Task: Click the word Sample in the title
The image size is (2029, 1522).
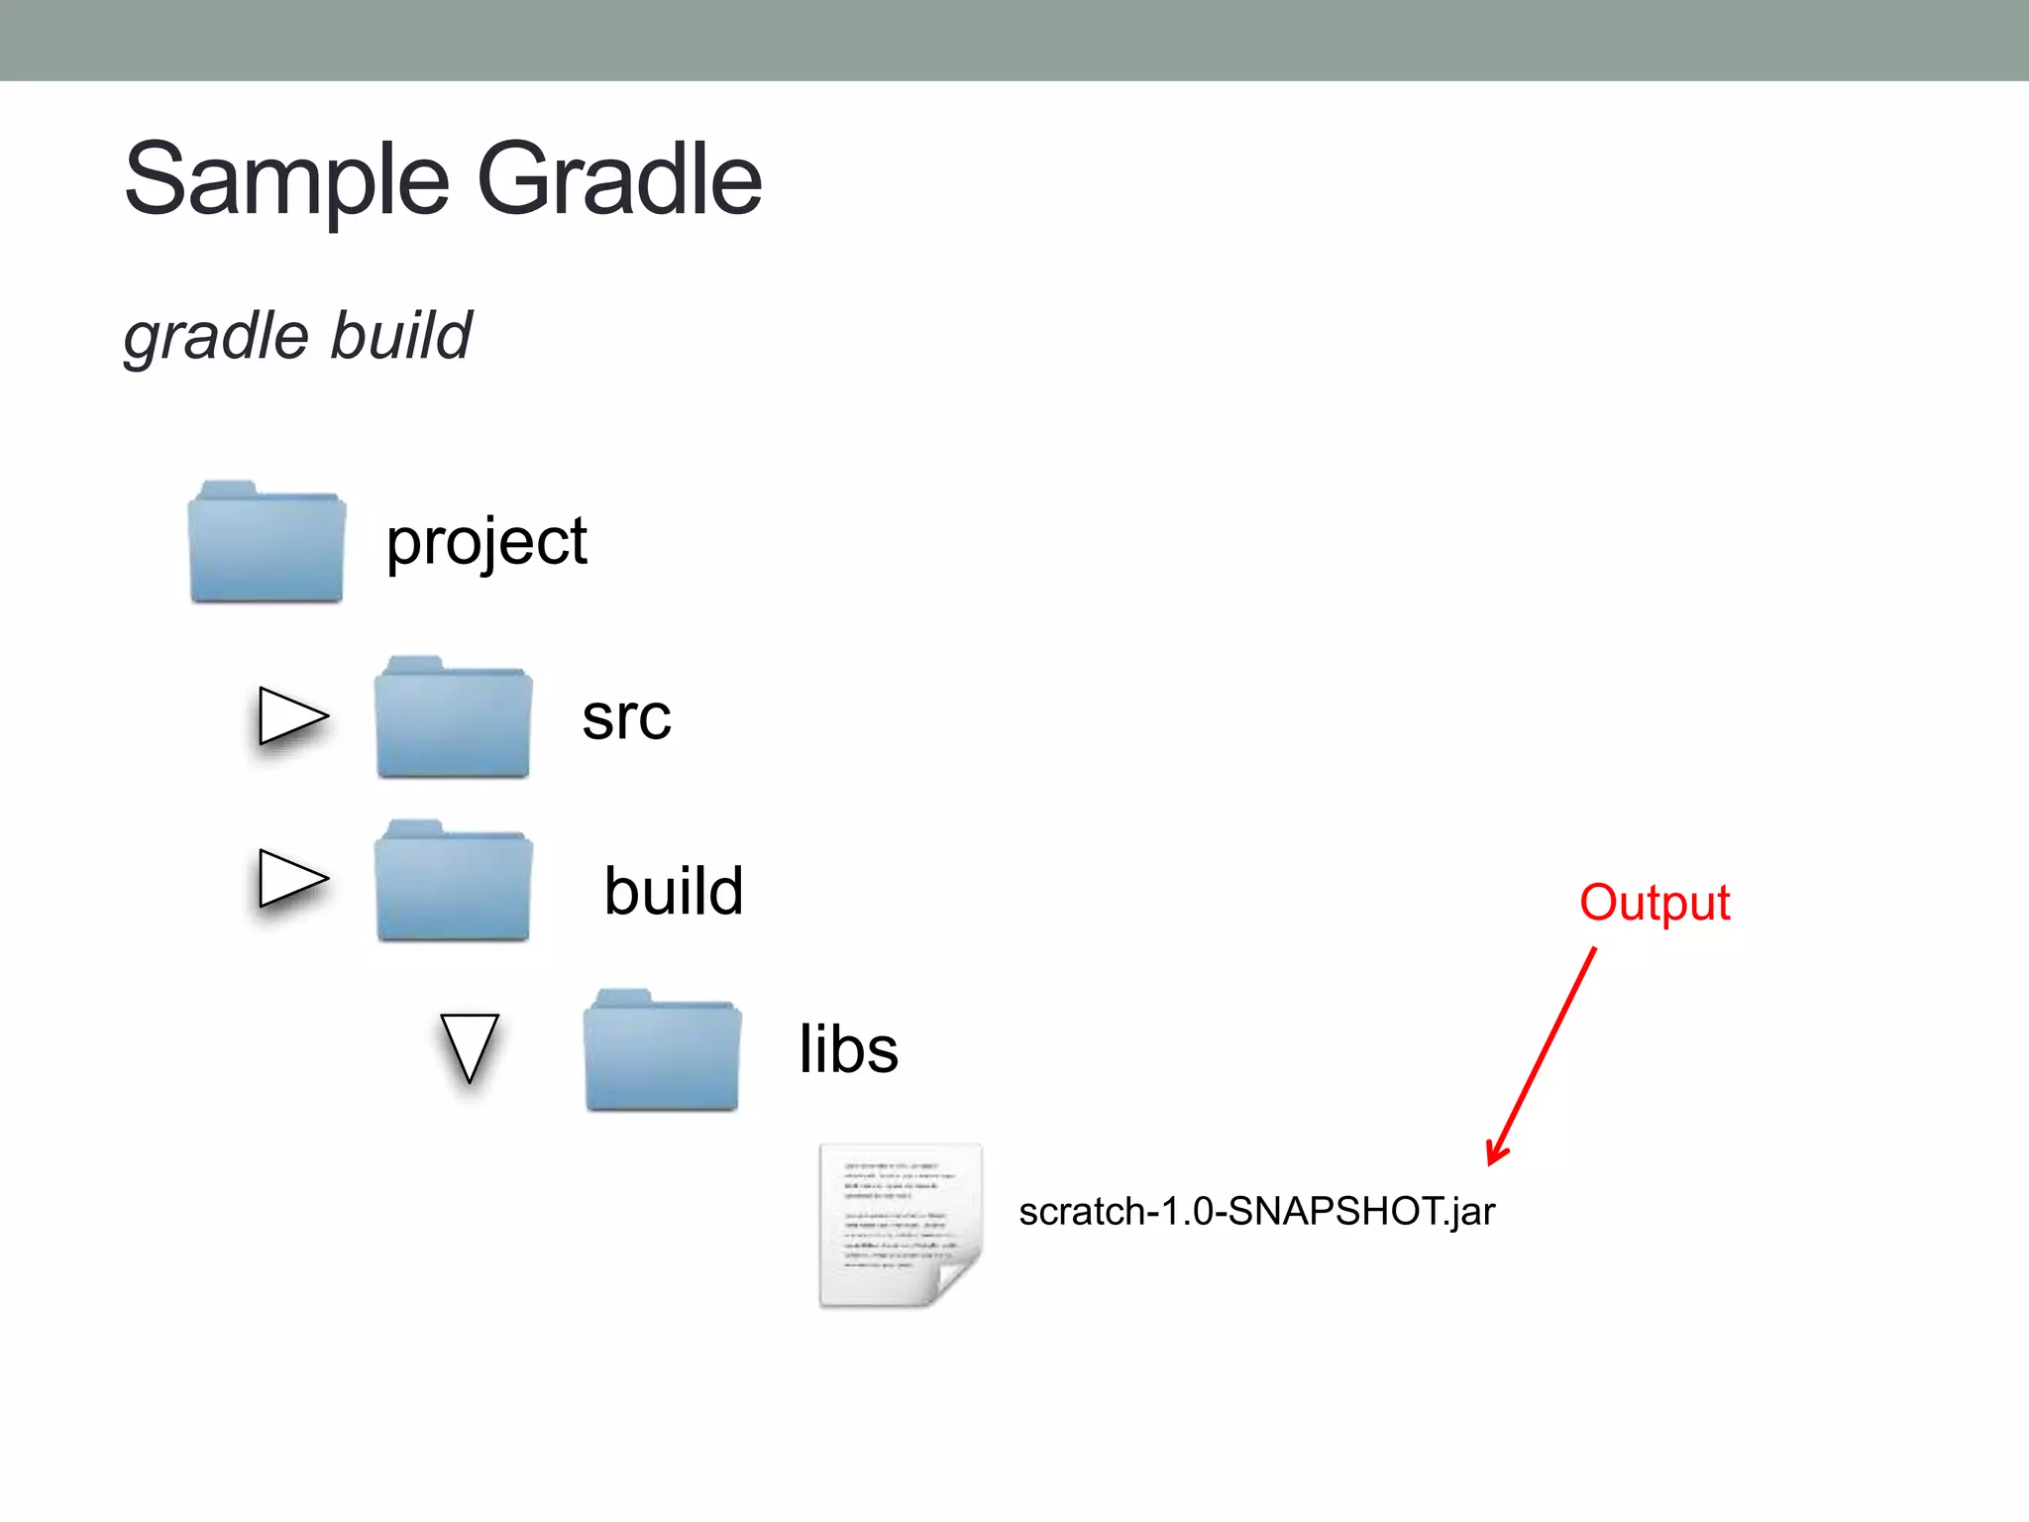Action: pyautogui.click(x=287, y=180)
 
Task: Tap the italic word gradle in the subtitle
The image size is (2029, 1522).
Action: pyautogui.click(x=216, y=337)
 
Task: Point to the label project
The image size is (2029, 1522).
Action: pyautogui.click(x=486, y=542)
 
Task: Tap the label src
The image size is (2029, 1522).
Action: pyautogui.click(x=626, y=717)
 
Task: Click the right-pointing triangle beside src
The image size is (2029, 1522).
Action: pyautogui.click(x=290, y=715)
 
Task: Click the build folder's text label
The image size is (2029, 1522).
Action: pyautogui.click(x=674, y=890)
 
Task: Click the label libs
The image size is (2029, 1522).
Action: pyautogui.click(x=849, y=1049)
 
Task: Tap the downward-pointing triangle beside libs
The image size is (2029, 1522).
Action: pyautogui.click(x=469, y=1045)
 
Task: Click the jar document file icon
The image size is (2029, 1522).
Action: pyautogui.click(x=897, y=1224)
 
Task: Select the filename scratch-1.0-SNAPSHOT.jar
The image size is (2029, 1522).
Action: pyautogui.click(x=1256, y=1212)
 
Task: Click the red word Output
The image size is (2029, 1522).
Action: pyautogui.click(x=1655, y=903)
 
